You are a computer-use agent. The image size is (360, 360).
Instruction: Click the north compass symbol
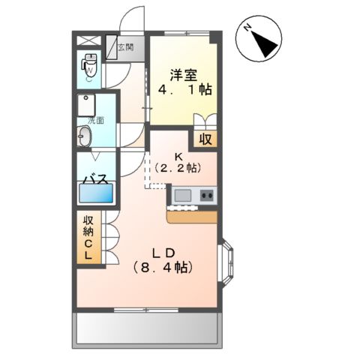[x=259, y=40]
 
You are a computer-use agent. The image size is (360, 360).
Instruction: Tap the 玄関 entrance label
[x=125, y=47]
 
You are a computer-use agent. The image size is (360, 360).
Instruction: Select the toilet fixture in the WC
[x=89, y=67]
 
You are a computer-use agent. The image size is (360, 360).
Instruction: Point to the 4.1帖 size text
[x=184, y=90]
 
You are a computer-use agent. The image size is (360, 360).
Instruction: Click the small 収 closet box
[x=204, y=138]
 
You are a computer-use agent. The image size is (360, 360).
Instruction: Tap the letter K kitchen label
[x=179, y=156]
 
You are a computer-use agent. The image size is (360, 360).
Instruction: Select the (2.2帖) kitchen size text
[x=179, y=167]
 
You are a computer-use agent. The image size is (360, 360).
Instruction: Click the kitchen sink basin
[x=183, y=196]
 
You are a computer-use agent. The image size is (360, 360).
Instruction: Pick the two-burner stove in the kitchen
[x=206, y=196]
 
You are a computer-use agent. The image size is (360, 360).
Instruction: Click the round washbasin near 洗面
[x=85, y=137]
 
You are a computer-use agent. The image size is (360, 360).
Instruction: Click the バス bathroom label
[x=96, y=180]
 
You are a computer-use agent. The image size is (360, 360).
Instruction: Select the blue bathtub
[x=96, y=195]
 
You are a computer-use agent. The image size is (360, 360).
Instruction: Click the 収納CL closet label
[x=88, y=238]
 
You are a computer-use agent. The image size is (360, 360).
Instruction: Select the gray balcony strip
[x=147, y=327]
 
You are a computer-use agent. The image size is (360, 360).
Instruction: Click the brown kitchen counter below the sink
[x=192, y=216]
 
